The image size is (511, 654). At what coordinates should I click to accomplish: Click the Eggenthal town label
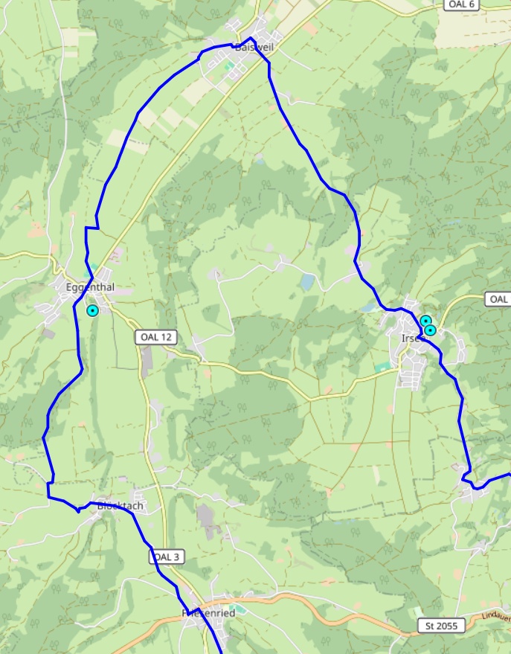[x=90, y=287]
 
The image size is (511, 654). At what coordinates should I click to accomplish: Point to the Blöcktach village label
[x=119, y=506]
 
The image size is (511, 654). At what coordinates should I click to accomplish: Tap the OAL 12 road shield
[x=155, y=337]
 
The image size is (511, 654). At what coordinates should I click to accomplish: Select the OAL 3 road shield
[x=165, y=557]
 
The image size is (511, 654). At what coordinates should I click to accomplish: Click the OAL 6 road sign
[x=460, y=4]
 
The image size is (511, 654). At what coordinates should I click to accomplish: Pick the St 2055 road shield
[x=441, y=626]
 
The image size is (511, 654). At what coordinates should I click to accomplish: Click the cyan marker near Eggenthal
[x=92, y=310]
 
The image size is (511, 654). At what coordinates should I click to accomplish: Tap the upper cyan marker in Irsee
[x=425, y=321]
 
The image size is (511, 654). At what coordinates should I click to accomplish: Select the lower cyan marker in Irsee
[x=430, y=330]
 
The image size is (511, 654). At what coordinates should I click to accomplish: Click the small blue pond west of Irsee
[x=308, y=281]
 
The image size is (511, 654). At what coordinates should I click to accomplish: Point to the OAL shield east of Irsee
[x=498, y=299]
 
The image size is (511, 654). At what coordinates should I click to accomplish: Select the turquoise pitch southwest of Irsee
[x=383, y=367]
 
